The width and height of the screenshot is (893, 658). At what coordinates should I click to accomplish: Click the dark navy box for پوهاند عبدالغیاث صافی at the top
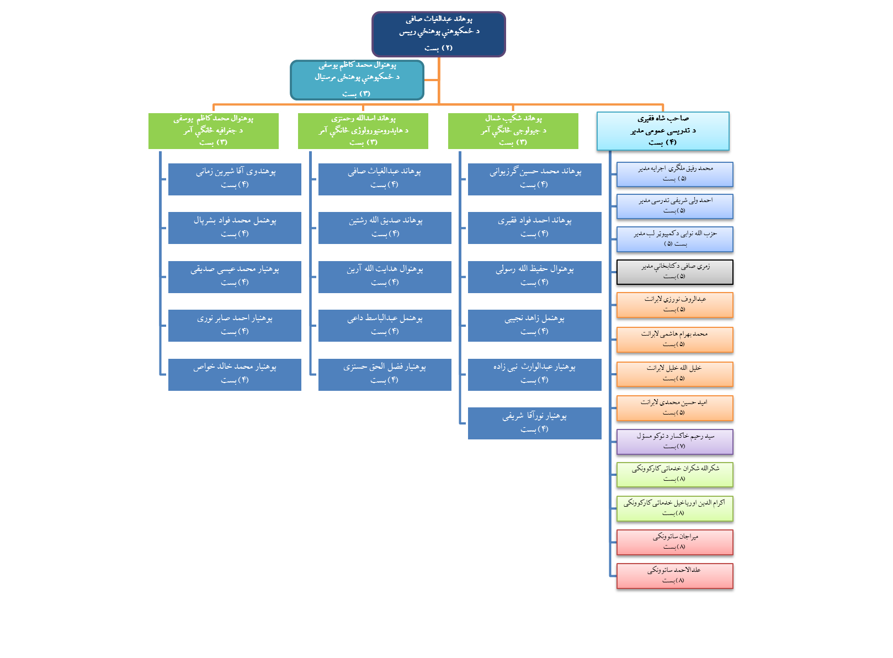point(439,34)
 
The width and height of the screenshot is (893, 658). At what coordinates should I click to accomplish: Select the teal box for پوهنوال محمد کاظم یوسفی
point(357,79)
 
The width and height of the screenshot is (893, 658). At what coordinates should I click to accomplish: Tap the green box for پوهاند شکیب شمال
point(513,131)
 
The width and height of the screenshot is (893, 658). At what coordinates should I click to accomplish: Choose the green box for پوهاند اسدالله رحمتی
point(363,131)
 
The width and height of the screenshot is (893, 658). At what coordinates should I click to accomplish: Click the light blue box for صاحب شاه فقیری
point(663,131)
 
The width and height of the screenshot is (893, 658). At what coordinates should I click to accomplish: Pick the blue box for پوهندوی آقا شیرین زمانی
point(235,179)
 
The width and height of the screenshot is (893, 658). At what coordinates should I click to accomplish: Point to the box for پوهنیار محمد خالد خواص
point(235,374)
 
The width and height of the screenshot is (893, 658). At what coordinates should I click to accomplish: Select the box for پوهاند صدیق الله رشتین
point(385,227)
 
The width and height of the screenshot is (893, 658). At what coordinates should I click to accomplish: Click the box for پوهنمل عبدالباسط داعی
point(385,325)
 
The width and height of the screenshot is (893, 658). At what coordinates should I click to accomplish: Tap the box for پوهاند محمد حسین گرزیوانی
point(534,179)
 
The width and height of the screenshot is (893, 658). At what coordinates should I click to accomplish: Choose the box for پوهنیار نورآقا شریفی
point(534,423)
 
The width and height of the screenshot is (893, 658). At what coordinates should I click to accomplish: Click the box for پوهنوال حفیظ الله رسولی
point(534,277)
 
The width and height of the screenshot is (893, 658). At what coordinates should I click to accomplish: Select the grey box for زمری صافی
point(674,272)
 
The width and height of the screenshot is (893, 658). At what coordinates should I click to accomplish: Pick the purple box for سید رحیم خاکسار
point(674,442)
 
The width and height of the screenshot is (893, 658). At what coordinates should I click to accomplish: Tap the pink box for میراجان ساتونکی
point(674,542)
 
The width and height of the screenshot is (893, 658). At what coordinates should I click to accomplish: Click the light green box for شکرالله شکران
point(674,474)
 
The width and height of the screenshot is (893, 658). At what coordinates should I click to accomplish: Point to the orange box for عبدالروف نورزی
point(674,305)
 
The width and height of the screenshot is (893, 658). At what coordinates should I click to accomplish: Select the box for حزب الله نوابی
point(674,239)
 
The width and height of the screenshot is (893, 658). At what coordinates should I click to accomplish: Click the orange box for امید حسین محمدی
point(674,408)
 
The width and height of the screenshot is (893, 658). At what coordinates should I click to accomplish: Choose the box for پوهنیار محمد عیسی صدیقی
point(235,277)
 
